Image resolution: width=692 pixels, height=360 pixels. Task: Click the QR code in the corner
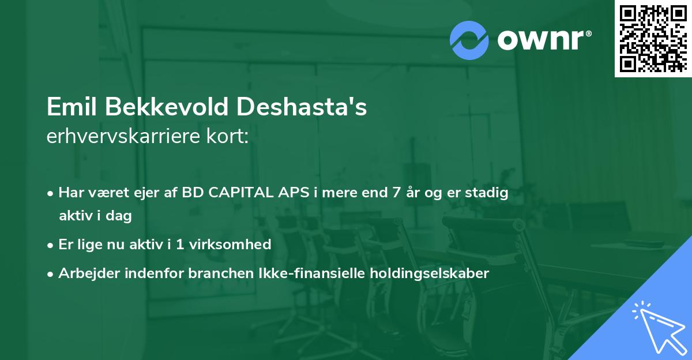tap(653, 38)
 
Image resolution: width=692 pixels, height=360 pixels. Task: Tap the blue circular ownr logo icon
tap(469, 40)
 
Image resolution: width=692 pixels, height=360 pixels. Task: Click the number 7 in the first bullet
tap(396, 193)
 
